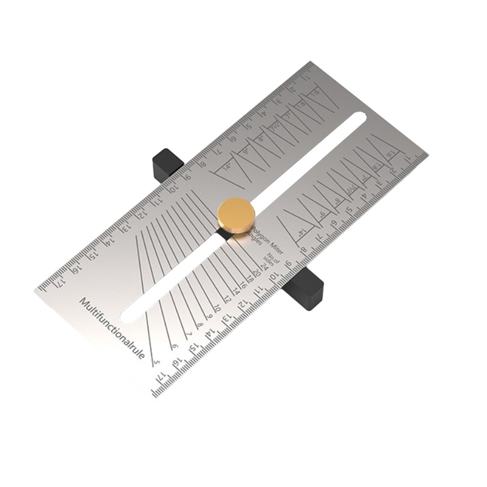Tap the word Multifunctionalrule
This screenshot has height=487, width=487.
[x=112, y=328]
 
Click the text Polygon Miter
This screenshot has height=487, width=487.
[x=270, y=236]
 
